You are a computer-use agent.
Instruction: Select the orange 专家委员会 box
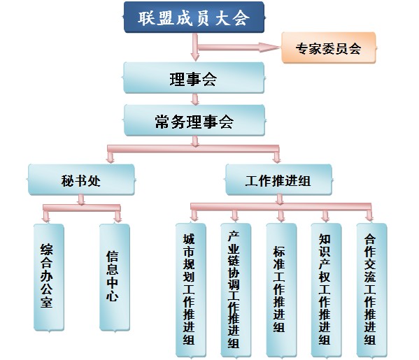coord(328,49)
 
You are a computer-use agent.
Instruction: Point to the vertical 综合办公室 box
coord(48,277)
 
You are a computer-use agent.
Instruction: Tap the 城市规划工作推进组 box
coord(189,288)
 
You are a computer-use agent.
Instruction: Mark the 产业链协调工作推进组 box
coord(234,288)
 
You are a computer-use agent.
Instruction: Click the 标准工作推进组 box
coord(280,288)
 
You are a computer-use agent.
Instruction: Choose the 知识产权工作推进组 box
coord(325,288)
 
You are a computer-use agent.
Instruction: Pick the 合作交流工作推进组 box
coord(370,288)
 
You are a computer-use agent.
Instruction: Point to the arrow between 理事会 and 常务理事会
coord(194,99)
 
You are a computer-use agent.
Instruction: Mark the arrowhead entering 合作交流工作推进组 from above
coord(369,216)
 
